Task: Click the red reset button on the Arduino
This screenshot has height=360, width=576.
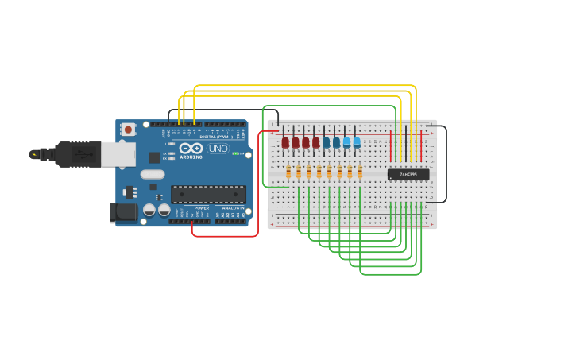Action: click(x=128, y=129)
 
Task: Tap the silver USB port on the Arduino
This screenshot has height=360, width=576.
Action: click(x=118, y=153)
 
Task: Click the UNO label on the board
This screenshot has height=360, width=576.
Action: click(x=218, y=149)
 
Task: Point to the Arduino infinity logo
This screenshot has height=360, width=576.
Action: click(x=191, y=148)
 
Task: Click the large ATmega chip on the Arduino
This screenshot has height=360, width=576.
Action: click(x=208, y=194)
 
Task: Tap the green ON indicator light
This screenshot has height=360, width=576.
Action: click(x=235, y=153)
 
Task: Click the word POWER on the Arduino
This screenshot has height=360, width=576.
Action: click(x=202, y=208)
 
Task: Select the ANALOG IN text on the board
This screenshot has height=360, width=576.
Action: click(x=233, y=208)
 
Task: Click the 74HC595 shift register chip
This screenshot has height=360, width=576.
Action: click(x=408, y=174)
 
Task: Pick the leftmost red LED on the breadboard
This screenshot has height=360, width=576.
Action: click(x=285, y=142)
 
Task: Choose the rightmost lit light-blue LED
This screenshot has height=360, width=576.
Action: click(x=357, y=142)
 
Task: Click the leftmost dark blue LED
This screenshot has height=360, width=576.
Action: click(x=326, y=142)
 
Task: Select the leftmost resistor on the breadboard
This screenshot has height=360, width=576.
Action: click(x=288, y=172)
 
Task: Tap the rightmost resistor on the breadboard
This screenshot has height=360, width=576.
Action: click(x=360, y=172)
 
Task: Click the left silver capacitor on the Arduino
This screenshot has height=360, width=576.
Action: click(x=149, y=211)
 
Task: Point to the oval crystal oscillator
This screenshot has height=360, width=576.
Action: click(x=153, y=174)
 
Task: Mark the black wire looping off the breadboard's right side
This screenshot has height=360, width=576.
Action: click(x=446, y=165)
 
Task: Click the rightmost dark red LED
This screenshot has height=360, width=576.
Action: click(x=316, y=142)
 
